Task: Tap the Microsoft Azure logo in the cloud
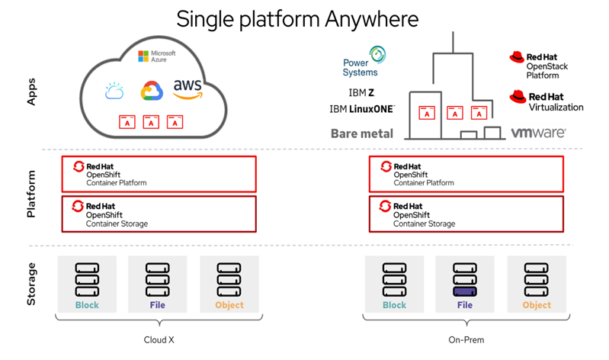(x=157, y=56)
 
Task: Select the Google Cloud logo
(x=152, y=92)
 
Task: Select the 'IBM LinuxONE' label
(x=362, y=109)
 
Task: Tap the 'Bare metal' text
(x=362, y=133)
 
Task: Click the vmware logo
(x=538, y=132)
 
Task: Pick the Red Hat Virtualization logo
(x=546, y=101)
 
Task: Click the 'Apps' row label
(x=31, y=89)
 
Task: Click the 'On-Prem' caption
(x=466, y=340)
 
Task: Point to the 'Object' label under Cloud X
(x=229, y=305)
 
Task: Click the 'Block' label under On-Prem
(x=394, y=305)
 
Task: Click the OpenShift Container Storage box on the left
(x=159, y=214)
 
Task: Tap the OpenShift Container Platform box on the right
(x=466, y=174)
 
